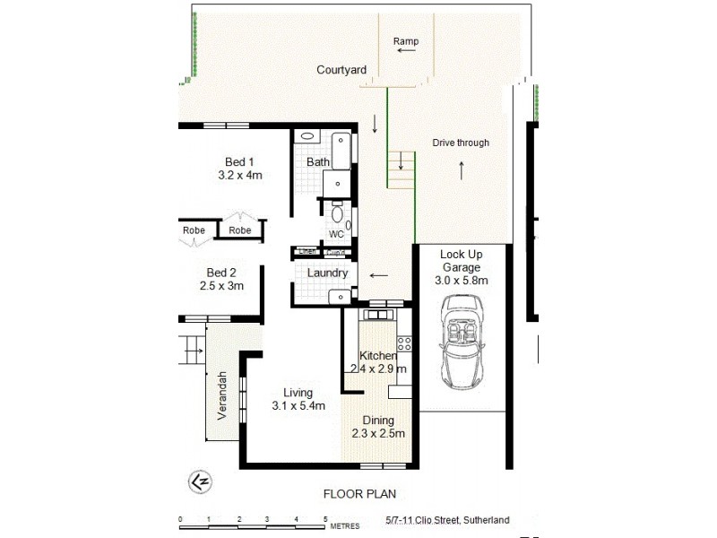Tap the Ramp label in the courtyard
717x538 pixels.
[x=406, y=41]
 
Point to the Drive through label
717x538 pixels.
[x=461, y=143]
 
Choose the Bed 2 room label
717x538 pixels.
[x=220, y=273]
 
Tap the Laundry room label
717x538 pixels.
[x=327, y=273]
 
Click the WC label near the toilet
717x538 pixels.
[x=337, y=234]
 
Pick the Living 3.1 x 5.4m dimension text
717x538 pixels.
[x=298, y=406]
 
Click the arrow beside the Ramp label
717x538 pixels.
[x=406, y=52]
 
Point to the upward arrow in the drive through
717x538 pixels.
[x=462, y=169]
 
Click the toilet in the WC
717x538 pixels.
[x=338, y=215]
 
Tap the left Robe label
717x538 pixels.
[x=194, y=230]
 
